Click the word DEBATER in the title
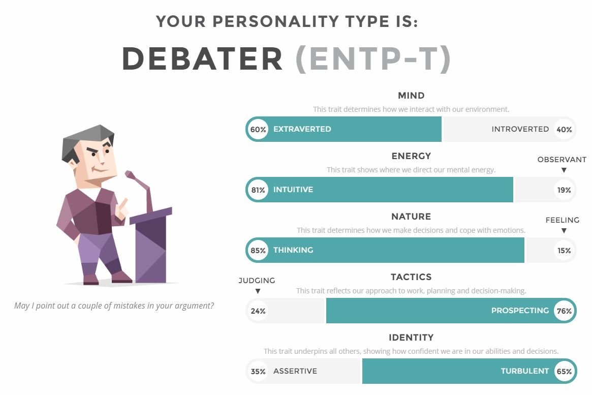click(202, 59)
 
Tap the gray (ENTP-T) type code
click(373, 59)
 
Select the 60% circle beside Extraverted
click(258, 130)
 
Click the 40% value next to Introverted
click(564, 130)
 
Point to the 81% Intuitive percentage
click(258, 190)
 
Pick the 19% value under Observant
click(564, 190)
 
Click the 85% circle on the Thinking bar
click(258, 250)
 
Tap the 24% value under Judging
click(258, 311)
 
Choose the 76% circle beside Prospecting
click(564, 311)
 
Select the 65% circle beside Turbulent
click(564, 371)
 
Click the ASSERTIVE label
click(295, 371)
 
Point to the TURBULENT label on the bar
click(525, 371)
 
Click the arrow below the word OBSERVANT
click(564, 170)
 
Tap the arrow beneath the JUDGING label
click(258, 291)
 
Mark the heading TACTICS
click(411, 277)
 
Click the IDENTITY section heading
click(411, 337)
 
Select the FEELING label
click(562, 220)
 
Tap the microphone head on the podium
click(130, 175)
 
